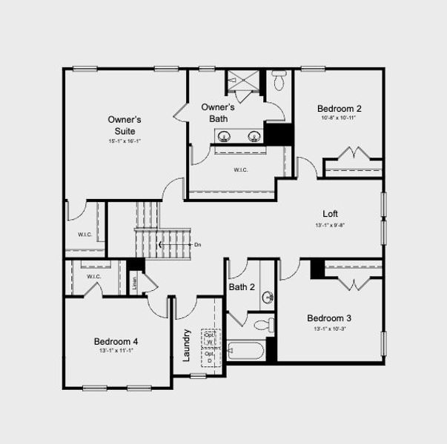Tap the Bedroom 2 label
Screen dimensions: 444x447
[x=340, y=107]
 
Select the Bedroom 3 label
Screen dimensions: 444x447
[x=329, y=318]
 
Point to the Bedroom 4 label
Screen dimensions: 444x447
[x=116, y=341]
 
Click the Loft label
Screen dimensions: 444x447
[x=330, y=214]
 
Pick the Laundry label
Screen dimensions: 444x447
[x=187, y=345]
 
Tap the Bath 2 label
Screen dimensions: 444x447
[x=242, y=287]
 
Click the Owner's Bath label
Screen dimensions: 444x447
[x=218, y=112]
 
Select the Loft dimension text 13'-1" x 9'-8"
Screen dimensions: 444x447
[x=330, y=225]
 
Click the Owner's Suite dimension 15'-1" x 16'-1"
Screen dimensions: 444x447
[x=125, y=141]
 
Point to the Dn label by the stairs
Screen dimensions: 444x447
[x=197, y=244]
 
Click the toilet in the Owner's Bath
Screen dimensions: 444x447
[x=279, y=79]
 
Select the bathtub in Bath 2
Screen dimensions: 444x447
[x=246, y=349]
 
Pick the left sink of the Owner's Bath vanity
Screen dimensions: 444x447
[x=223, y=135]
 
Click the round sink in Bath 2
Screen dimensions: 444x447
[x=268, y=297]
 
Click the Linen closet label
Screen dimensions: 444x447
[x=135, y=281]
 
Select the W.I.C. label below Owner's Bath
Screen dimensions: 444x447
[x=241, y=169]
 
